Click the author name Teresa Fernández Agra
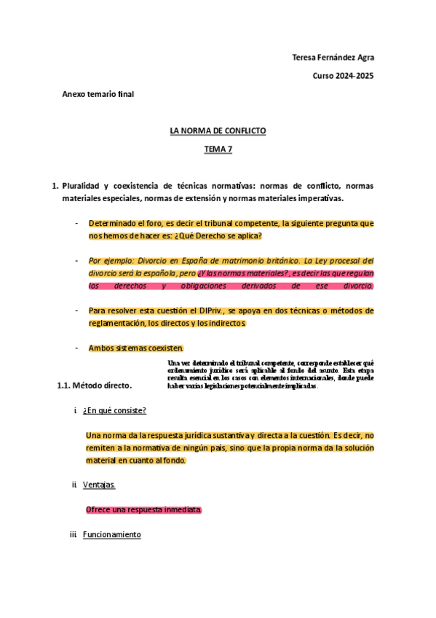[333, 58]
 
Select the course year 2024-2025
[344, 76]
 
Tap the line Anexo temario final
[98, 94]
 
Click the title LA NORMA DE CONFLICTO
[218, 131]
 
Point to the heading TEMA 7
[218, 149]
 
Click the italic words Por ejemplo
[109, 260]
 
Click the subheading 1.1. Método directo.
[95, 386]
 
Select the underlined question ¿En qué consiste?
[114, 410]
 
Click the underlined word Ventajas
[98, 485]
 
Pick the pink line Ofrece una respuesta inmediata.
[143, 509]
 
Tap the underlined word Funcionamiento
[111, 534]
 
